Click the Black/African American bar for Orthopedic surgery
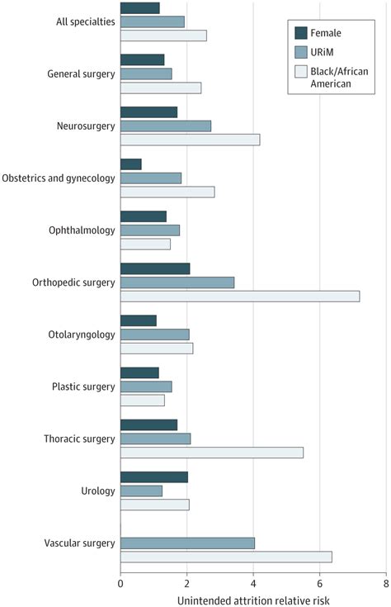[x=239, y=296]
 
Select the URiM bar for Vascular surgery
[x=187, y=543]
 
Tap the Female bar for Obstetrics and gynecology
[x=130, y=164]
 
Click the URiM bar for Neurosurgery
[x=165, y=126]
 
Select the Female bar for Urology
[x=153, y=477]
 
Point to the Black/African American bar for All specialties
[x=163, y=36]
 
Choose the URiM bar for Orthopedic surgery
[x=177, y=282]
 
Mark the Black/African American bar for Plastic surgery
[x=142, y=401]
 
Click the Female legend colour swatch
[x=303, y=34]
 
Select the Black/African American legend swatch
[x=303, y=71]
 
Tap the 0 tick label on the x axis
[x=120, y=582]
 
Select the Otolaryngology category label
[x=81, y=334]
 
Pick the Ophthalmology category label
[x=81, y=230]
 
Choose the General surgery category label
[x=80, y=74]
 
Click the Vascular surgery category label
[x=79, y=543]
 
